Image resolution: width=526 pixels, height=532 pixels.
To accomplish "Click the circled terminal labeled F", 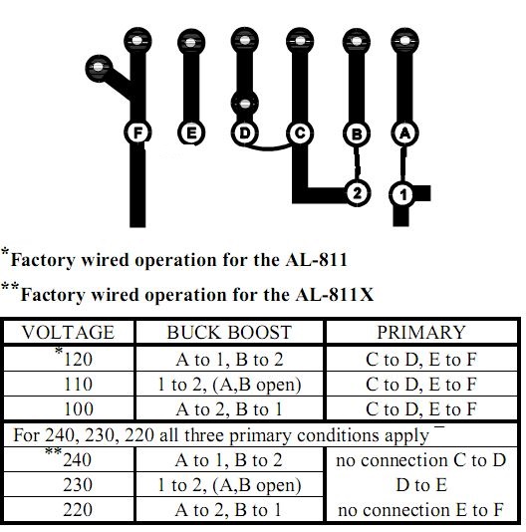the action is coord(137,133).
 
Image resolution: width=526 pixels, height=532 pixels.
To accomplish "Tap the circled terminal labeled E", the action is coord(191,133).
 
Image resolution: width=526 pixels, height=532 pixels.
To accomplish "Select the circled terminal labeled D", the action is coord(245,133).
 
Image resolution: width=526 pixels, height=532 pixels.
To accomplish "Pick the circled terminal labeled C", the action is coord(300,133).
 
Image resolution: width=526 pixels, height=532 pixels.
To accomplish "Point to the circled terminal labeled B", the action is coord(357,133).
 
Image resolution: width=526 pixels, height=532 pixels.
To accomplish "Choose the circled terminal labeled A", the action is coord(404,133).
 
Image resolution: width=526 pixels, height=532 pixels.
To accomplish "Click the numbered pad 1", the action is coord(403,194).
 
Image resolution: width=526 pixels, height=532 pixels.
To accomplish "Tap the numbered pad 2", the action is coord(357,193).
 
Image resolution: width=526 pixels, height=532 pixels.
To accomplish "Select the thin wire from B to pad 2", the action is coord(357,162).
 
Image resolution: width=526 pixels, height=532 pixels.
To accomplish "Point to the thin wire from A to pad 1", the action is coord(403,163).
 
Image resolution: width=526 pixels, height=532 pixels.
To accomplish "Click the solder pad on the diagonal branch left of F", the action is coord(98,68).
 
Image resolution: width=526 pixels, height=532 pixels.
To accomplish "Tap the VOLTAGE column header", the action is coord(69,332).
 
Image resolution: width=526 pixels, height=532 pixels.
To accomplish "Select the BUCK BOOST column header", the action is coord(229,332).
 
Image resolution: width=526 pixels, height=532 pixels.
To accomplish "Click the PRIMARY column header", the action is coord(421,332).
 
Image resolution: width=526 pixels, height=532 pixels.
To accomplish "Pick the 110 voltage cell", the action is coord(79,385).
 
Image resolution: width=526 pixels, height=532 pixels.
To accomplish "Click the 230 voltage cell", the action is coord(78,484).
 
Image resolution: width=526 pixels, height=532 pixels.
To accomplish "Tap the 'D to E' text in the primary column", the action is coord(421,484).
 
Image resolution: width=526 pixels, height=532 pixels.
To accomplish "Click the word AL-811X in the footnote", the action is coord(335,295).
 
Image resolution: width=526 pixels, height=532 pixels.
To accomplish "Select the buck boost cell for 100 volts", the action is coord(229,408).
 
